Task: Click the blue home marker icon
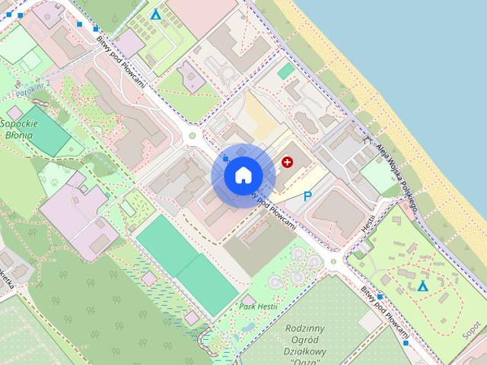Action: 243,175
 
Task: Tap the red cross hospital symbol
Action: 287,161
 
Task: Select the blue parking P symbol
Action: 307,196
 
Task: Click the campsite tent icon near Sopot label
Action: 422,286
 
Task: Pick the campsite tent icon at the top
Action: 156,14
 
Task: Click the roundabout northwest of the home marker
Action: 193,136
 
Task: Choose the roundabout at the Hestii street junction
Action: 333,262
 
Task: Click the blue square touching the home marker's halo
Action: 225,158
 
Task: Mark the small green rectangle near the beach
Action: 286,71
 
